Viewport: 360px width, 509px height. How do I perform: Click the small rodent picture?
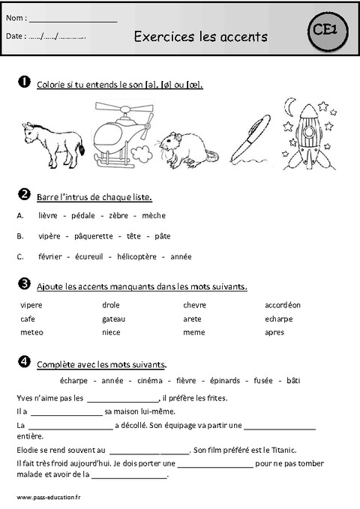click(x=190, y=146)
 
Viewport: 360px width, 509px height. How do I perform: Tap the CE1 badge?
click(x=324, y=30)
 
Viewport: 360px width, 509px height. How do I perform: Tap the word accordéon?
click(x=282, y=305)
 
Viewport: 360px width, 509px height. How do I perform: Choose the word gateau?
click(x=115, y=319)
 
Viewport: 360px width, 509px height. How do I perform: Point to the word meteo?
click(x=31, y=332)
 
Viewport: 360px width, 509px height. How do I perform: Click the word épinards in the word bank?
click(x=226, y=381)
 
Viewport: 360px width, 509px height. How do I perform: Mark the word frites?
click(x=217, y=398)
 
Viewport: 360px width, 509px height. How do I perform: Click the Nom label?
click(x=15, y=17)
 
